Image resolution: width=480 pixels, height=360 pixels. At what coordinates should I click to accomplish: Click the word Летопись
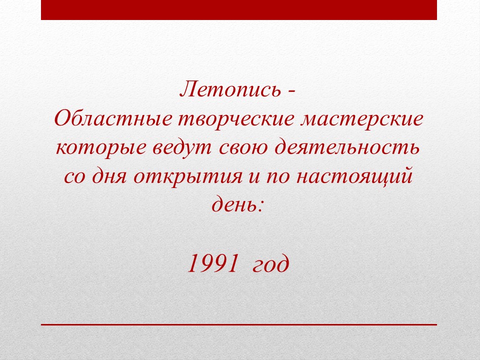pos(230,89)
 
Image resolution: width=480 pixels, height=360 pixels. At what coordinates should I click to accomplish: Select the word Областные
pos(113,118)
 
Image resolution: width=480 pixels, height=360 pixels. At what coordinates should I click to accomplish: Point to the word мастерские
pos(362,119)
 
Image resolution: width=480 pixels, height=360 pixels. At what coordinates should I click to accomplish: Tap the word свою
pos(243,148)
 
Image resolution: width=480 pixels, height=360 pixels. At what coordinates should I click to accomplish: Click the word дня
pos(109,177)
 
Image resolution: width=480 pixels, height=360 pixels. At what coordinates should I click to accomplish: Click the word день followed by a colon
pos(237,204)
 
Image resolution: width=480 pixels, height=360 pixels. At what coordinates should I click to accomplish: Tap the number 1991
pos(212,263)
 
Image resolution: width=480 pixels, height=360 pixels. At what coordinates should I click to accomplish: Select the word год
pos(270,265)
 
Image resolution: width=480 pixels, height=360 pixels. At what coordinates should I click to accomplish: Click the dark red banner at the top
pos(239,10)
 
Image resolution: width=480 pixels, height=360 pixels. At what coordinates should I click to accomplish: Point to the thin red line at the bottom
pos(239,324)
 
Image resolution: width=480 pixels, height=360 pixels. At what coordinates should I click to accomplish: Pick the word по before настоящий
pos(278,178)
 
